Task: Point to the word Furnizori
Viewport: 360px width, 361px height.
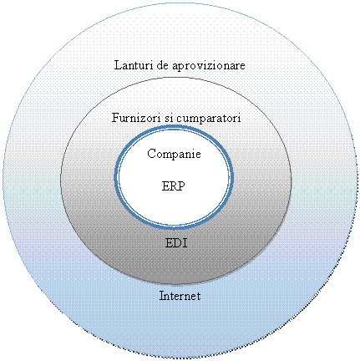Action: pyautogui.click(x=136, y=118)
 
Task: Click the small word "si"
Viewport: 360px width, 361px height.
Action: pyautogui.click(x=169, y=118)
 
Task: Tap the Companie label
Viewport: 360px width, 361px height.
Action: pyautogui.click(x=174, y=154)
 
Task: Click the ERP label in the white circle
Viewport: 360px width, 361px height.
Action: pyautogui.click(x=173, y=186)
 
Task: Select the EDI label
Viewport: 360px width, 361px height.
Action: pyautogui.click(x=176, y=243)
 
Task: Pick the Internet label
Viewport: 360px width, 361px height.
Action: pyautogui.click(x=180, y=296)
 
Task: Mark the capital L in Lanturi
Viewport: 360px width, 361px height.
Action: pyautogui.click(x=118, y=65)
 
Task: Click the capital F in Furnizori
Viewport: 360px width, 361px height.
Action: pyautogui.click(x=116, y=118)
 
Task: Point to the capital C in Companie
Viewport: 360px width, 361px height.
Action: pyautogui.click(x=151, y=154)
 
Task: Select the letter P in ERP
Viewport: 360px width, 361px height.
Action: pyautogui.click(x=181, y=186)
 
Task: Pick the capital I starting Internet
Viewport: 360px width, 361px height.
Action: pyautogui.click(x=162, y=296)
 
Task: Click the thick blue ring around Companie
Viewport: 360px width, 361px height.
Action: pyautogui.click(x=174, y=126)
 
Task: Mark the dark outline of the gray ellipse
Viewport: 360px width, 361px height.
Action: pyautogui.click(x=176, y=79)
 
